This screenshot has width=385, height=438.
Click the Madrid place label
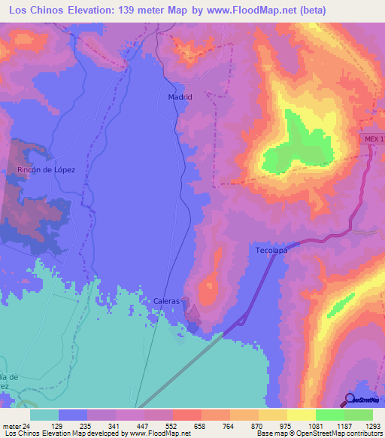coord(179,97)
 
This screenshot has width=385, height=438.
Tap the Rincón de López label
coord(46,171)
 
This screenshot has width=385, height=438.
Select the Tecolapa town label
coord(271,250)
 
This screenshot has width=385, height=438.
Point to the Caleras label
coord(166,301)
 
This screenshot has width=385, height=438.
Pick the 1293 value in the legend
coord(371,425)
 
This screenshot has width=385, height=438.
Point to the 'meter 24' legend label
coord(16,425)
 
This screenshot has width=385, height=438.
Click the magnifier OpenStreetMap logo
coord(350,399)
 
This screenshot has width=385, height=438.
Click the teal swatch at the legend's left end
coord(44,415)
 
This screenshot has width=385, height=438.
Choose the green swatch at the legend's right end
coord(359,415)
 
